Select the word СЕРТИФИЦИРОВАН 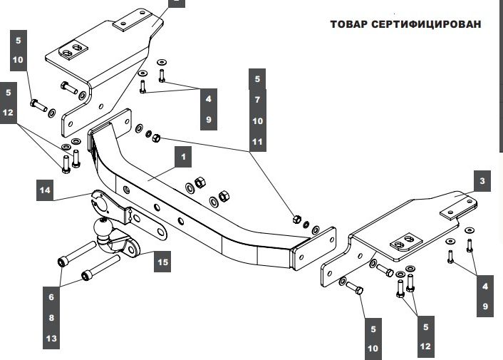pos(429,24)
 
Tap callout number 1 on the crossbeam pos(182,156)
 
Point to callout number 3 pos(482,182)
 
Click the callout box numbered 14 pos(46,190)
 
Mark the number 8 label pos(51,318)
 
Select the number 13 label pos(51,339)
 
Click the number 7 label pos(257,100)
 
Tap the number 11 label pos(257,143)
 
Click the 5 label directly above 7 pos(257,78)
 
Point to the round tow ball pos(104,230)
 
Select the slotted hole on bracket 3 pos(404,241)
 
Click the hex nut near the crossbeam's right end pos(298,217)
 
